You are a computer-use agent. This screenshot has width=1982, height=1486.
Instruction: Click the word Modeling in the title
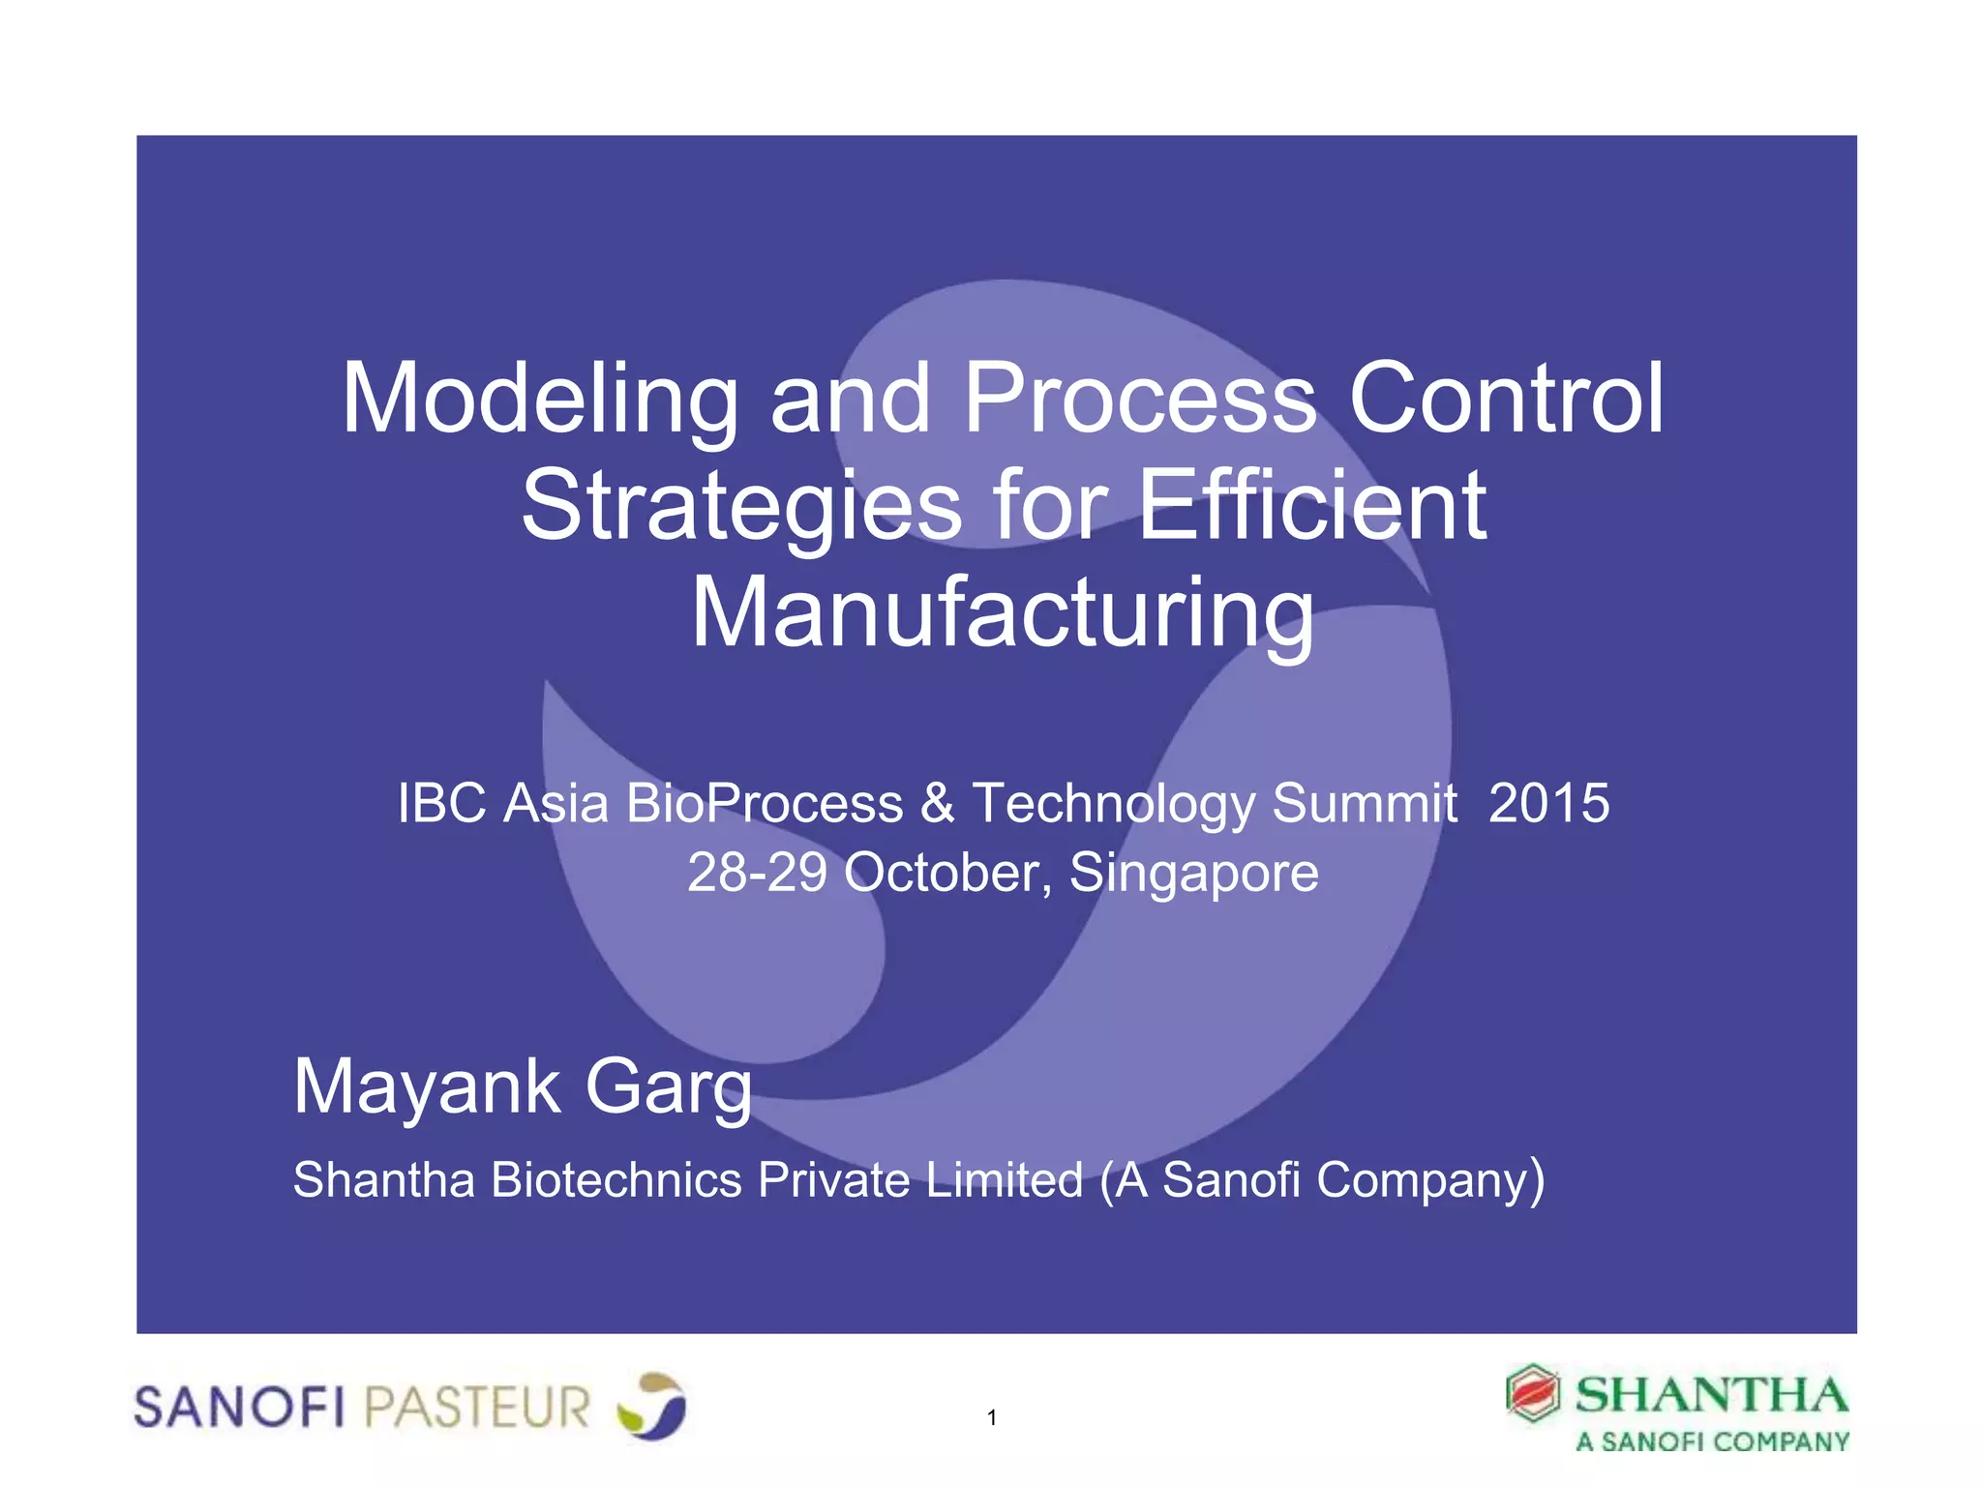(540, 399)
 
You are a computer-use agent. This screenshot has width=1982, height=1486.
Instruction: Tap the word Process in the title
(1140, 399)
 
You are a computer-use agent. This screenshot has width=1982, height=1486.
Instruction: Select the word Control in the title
(1506, 399)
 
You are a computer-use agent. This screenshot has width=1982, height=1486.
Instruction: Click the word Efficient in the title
(1312, 505)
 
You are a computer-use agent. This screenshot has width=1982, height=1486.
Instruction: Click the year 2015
(1548, 803)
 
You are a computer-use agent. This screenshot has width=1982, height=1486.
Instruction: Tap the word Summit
(1365, 803)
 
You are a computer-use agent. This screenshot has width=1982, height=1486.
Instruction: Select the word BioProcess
(765, 803)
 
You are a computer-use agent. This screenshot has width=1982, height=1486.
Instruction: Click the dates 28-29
(757, 873)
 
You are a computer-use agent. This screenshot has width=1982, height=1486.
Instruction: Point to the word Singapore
(1193, 873)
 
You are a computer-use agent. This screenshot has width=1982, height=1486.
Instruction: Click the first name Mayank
(427, 1087)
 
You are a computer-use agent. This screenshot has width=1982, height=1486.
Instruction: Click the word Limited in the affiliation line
(1004, 1180)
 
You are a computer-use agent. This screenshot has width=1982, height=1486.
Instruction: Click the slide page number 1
(992, 1418)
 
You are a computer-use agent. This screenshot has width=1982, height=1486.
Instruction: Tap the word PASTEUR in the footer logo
(477, 1407)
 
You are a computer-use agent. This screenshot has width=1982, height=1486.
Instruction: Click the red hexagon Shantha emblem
(1532, 1394)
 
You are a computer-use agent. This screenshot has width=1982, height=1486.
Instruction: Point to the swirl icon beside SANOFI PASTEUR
(651, 1405)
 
